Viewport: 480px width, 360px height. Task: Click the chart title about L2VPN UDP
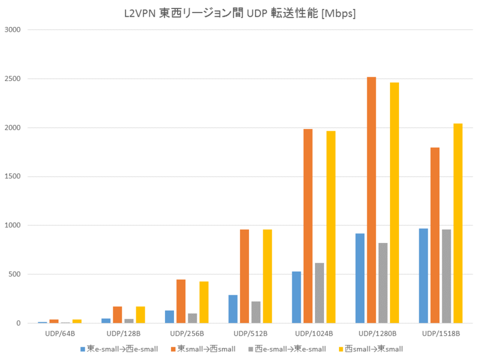coord(240,14)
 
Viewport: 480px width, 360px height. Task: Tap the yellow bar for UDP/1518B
coord(458,223)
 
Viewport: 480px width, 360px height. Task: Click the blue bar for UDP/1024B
coord(296,297)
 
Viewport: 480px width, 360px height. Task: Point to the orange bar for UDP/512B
coord(244,276)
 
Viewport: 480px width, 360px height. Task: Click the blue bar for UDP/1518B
coord(424,275)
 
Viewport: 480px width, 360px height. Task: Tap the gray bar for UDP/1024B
coord(319,293)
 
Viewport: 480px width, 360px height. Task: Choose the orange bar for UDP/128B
coord(118,314)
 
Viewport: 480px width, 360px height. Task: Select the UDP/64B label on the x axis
coord(60,333)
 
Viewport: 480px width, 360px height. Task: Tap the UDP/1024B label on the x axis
coord(313,333)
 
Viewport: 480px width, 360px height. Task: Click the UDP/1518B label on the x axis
coord(440,333)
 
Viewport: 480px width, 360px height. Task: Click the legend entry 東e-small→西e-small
coord(123,349)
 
